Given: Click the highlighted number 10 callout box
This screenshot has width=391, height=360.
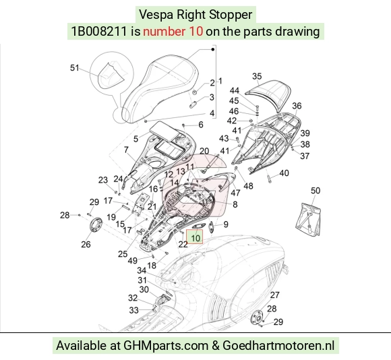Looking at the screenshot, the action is (x=195, y=237).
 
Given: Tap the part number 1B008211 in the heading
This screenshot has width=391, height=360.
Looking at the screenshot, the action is (x=99, y=32).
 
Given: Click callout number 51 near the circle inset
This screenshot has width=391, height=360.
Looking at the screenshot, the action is (x=75, y=68).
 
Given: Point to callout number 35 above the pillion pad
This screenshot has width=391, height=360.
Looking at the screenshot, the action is (x=257, y=76).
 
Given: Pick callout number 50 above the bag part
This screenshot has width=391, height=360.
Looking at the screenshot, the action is (x=315, y=191).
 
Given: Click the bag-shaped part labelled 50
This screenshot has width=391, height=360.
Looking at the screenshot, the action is (x=308, y=219).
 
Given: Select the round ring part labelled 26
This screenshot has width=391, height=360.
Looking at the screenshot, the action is (x=96, y=225).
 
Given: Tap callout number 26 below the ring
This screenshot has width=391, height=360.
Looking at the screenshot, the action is (x=86, y=244).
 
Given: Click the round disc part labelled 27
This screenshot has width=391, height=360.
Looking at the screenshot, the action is (x=257, y=317).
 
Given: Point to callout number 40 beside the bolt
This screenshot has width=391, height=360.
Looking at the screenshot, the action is (x=284, y=173).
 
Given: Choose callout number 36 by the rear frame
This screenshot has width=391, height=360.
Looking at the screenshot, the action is (x=297, y=106).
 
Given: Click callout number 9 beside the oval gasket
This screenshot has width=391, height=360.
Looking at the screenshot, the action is (x=226, y=224).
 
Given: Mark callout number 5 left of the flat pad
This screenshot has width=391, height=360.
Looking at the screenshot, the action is (x=136, y=139).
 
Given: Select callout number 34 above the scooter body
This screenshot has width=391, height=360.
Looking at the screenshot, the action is (x=142, y=270).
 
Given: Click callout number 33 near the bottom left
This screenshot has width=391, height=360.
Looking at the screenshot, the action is (x=134, y=310).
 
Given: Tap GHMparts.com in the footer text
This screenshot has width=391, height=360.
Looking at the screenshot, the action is (x=166, y=346).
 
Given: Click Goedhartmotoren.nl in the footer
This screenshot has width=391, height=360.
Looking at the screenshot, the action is (x=278, y=346).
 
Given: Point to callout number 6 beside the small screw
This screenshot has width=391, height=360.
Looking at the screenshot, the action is (x=201, y=125).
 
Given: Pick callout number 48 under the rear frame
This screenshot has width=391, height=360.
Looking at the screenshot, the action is (x=248, y=186).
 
